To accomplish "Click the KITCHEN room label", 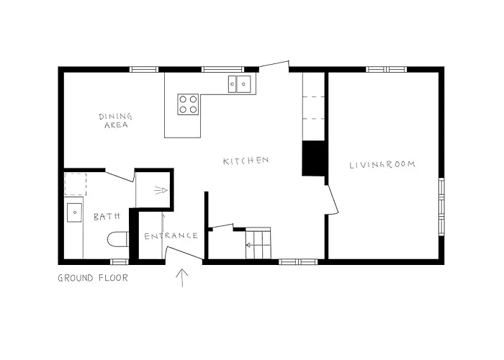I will pyautogui.click(x=246, y=161).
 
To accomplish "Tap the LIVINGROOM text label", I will pyautogui.click(x=382, y=165).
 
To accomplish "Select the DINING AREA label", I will pyautogui.click(x=114, y=120).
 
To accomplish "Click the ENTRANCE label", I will pyautogui.click(x=171, y=235).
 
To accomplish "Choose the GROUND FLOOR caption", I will pyautogui.click(x=93, y=277).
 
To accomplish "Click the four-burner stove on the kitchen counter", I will pyautogui.click(x=188, y=104).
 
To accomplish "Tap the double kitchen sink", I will pyautogui.click(x=240, y=85).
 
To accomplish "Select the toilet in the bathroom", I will pyautogui.click(x=117, y=238).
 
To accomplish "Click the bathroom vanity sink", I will pyautogui.click(x=74, y=213).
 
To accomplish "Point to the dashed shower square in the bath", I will pyautogui.click(x=75, y=184).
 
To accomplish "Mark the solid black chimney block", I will pyautogui.click(x=313, y=158).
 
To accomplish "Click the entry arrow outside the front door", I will pyautogui.click(x=181, y=277).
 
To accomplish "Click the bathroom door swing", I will pyautogui.click(x=120, y=175).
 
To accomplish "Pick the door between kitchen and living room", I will pyautogui.click(x=332, y=197).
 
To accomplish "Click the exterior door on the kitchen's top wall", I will pyautogui.click(x=274, y=66).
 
